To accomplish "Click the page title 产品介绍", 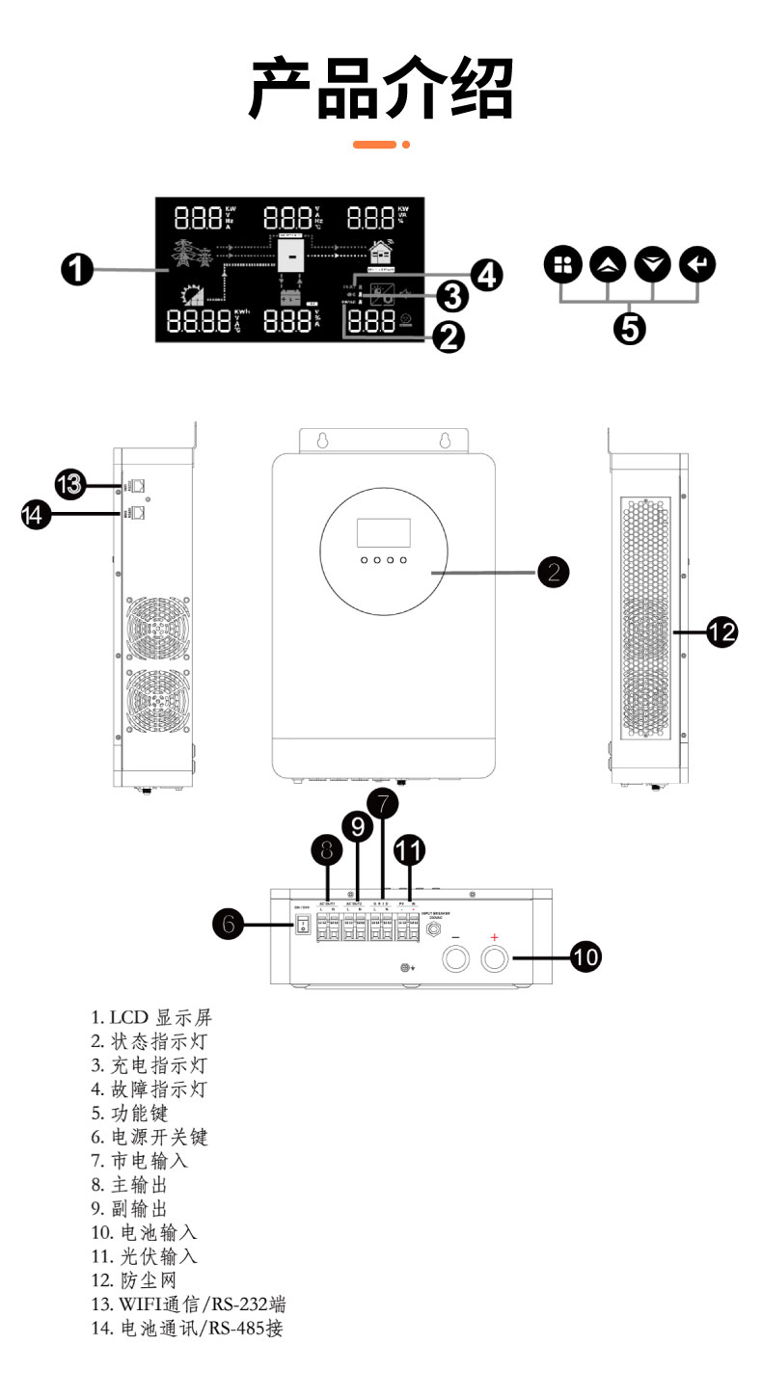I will (x=381, y=89).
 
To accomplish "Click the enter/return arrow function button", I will (x=696, y=264).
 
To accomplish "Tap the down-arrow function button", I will (x=651, y=264).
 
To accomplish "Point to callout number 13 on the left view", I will (x=70, y=484).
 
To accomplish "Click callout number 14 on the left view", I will (x=37, y=516).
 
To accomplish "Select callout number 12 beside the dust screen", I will (x=721, y=632).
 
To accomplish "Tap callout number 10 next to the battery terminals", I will (x=585, y=957).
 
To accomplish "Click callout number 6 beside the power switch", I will (x=228, y=925).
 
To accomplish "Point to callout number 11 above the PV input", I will (x=411, y=849).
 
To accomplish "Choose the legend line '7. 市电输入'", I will (x=140, y=1161).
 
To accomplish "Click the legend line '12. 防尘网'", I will (x=140, y=1280).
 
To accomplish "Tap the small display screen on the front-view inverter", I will (x=383, y=533).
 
